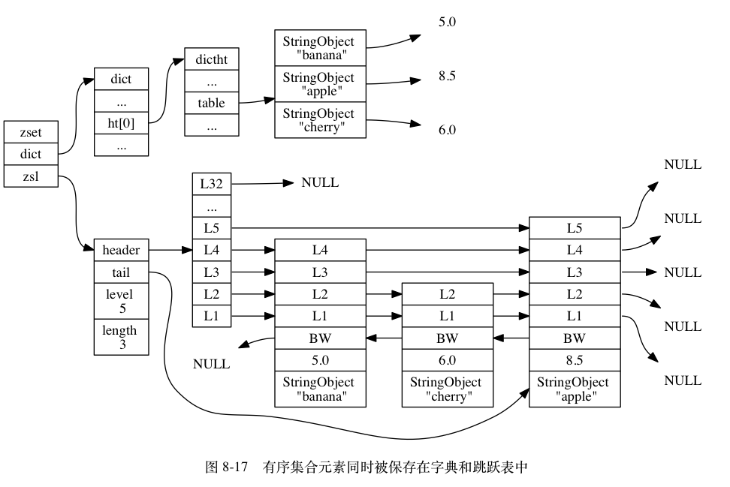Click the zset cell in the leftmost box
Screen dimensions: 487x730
(31, 133)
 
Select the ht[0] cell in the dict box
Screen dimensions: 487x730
(121, 123)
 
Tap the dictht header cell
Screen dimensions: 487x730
(211, 59)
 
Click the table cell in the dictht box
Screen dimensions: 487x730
(211, 103)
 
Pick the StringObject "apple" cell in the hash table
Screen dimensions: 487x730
(320, 84)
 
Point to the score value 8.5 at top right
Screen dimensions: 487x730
(447, 76)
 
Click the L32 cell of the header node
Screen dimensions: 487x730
(211, 182)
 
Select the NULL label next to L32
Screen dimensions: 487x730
(320, 182)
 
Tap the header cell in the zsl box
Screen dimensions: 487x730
(121, 250)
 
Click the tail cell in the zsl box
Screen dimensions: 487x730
(121, 272)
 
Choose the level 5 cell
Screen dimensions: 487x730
(121, 301)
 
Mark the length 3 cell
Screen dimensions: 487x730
(121, 336)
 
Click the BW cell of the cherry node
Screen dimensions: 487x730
(447, 338)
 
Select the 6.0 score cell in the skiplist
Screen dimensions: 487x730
(447, 360)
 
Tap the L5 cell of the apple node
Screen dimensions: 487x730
(575, 228)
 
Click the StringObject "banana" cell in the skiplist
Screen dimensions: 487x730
(320, 389)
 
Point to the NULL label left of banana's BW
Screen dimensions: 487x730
(211, 365)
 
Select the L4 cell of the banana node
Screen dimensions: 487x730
(320, 250)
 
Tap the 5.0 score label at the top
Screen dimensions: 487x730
(447, 23)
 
